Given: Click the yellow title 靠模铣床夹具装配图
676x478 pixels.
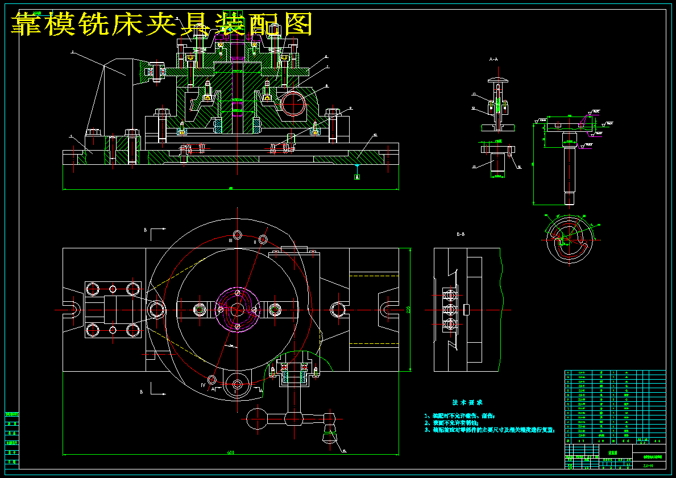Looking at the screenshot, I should (x=162, y=24).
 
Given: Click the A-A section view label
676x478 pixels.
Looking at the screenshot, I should (x=493, y=59).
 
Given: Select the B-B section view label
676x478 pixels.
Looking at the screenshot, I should (x=461, y=234).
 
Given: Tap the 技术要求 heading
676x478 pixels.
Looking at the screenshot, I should (x=467, y=402).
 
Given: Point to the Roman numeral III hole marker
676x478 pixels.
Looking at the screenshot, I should (x=237, y=235).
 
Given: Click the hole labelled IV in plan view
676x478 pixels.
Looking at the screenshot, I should (x=212, y=379).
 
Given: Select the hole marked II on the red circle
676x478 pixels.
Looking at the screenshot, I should (x=263, y=239).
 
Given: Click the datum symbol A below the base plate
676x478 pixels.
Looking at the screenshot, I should (x=357, y=177).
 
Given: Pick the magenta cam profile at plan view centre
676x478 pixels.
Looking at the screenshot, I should (x=236, y=309).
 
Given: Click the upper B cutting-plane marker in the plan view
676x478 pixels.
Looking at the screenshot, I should (x=147, y=230).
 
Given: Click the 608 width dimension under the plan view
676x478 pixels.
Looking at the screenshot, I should (x=231, y=452).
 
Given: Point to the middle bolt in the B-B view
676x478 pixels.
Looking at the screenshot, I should (x=451, y=309).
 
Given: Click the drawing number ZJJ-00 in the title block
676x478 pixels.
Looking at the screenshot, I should (x=648, y=465).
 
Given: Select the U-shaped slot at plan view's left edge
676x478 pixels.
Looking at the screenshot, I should (x=70, y=309).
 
